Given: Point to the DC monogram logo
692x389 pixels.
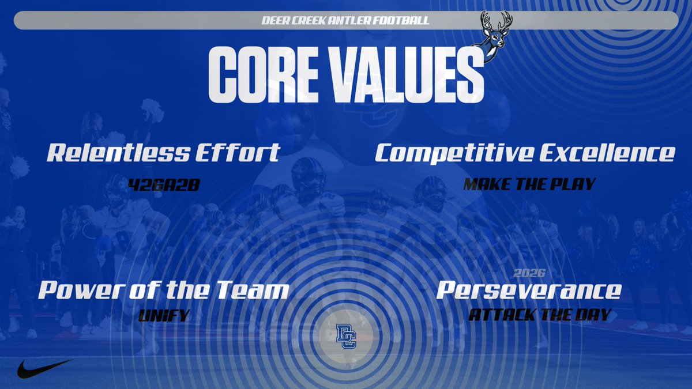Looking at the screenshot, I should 346,336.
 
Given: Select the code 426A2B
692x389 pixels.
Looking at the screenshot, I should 163,184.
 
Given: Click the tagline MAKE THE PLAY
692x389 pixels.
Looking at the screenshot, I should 529,184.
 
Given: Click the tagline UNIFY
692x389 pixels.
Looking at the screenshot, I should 164,316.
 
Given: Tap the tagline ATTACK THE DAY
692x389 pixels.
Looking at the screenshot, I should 540,316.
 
